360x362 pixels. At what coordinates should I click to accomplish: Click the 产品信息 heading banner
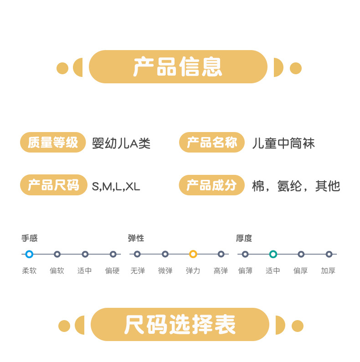pyautogui.click(x=178, y=67)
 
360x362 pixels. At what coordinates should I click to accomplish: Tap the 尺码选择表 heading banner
pyautogui.click(x=180, y=325)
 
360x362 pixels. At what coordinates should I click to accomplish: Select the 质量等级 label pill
pyautogui.click(x=53, y=143)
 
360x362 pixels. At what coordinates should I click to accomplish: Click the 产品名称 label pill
pyautogui.click(x=212, y=143)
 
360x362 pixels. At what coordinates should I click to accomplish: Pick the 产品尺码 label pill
pyautogui.click(x=53, y=185)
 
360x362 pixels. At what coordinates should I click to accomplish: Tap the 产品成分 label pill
pyautogui.click(x=212, y=185)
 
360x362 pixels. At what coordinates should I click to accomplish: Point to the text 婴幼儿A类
pyautogui.click(x=121, y=144)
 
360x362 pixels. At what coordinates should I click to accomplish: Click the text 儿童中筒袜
pyautogui.click(x=283, y=144)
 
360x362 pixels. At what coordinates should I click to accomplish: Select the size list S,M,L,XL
pyautogui.click(x=116, y=186)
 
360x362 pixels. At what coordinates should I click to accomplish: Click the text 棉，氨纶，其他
pyautogui.click(x=296, y=186)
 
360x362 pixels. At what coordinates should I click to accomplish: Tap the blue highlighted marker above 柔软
pyautogui.click(x=29, y=254)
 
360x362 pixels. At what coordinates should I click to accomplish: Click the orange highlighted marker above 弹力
pyautogui.click(x=193, y=254)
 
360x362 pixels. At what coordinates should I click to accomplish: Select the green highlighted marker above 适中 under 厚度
pyautogui.click(x=273, y=254)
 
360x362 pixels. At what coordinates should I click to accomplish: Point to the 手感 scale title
pyautogui.click(x=30, y=238)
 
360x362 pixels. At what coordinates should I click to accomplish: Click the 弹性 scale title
pyautogui.click(x=136, y=238)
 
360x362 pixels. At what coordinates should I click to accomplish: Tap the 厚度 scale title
pyautogui.click(x=244, y=238)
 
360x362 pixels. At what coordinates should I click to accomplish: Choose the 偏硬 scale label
pyautogui.click(x=112, y=270)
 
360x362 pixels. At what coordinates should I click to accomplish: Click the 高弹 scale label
pyautogui.click(x=221, y=270)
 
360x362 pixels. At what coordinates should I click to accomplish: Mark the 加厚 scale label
pyautogui.click(x=328, y=270)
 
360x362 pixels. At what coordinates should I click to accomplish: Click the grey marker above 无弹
pyautogui.click(x=137, y=254)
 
